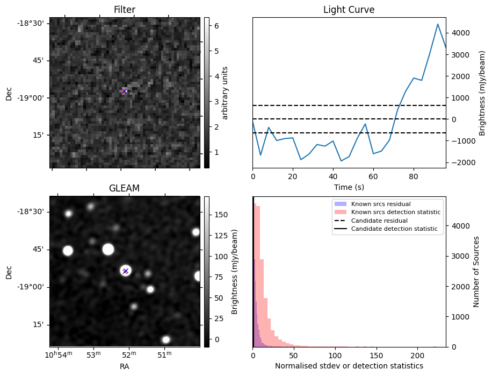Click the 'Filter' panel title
point(125,10)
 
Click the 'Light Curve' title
point(349,10)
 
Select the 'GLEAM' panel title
point(125,188)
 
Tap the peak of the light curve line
point(438,24)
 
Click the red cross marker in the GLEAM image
point(125,271)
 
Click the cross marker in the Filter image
point(124,91)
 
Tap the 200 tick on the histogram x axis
point(418,356)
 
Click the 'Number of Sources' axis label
point(476,272)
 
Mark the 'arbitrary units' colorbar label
point(225,93)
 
